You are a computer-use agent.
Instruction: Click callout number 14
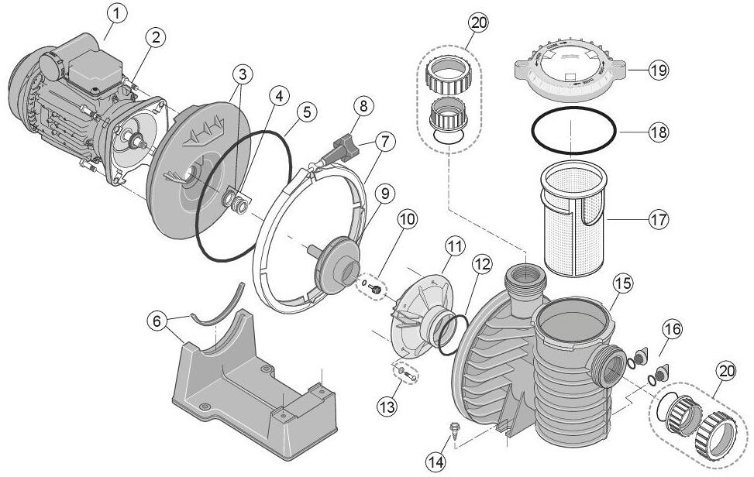(x=436, y=462)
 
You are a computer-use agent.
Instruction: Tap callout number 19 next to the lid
(x=658, y=70)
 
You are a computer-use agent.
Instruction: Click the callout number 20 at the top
(x=479, y=23)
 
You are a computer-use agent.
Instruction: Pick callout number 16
(x=671, y=329)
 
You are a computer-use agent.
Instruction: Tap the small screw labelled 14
(x=454, y=427)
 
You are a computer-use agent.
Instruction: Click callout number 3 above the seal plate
(x=243, y=74)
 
